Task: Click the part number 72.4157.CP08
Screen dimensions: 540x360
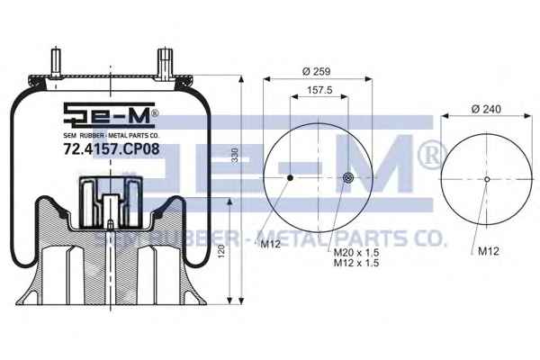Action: click(112, 149)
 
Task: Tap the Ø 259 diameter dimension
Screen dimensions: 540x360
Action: click(317, 71)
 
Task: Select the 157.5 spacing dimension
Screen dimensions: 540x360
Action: click(319, 90)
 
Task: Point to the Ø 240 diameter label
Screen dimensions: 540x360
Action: click(486, 109)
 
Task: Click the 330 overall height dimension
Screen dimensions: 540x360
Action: click(235, 156)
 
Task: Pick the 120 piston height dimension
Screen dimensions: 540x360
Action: click(221, 251)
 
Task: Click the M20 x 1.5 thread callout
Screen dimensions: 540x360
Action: click(356, 252)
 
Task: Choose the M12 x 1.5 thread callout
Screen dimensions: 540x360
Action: click(356, 263)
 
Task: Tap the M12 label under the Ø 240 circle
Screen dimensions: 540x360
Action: click(489, 251)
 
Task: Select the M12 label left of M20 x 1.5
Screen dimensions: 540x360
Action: click(270, 244)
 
